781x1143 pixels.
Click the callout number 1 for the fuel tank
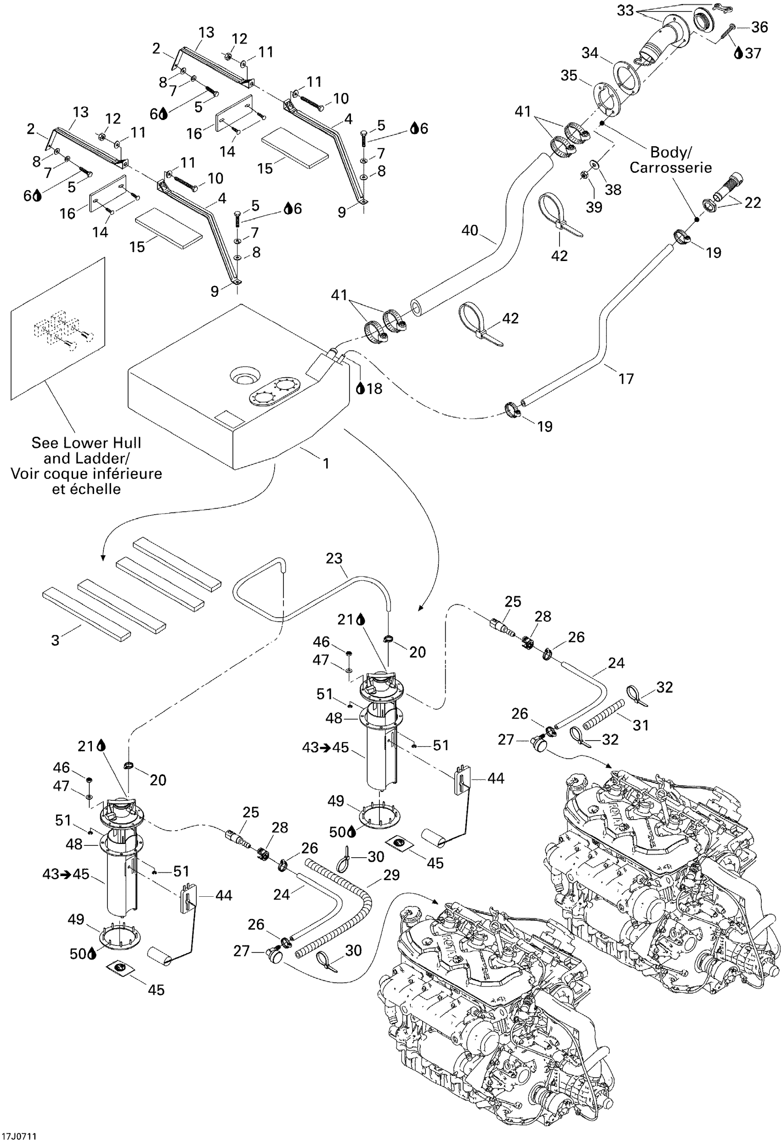point(326,463)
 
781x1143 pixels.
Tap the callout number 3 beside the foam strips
point(56,640)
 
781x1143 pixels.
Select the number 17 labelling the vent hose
point(626,379)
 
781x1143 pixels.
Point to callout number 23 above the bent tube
point(334,558)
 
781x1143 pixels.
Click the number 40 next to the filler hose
point(470,230)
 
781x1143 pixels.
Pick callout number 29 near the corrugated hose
point(391,875)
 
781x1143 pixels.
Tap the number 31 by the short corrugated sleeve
point(640,725)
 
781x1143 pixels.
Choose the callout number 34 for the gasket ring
point(590,53)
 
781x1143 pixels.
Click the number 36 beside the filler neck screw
point(759,27)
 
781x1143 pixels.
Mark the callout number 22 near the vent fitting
point(753,203)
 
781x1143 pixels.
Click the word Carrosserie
point(670,168)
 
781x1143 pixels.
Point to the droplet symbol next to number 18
point(360,389)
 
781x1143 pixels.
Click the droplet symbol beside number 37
point(738,53)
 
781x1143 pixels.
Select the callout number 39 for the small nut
point(594,207)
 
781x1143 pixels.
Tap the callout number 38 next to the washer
point(613,189)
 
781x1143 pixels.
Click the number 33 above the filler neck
point(625,10)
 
